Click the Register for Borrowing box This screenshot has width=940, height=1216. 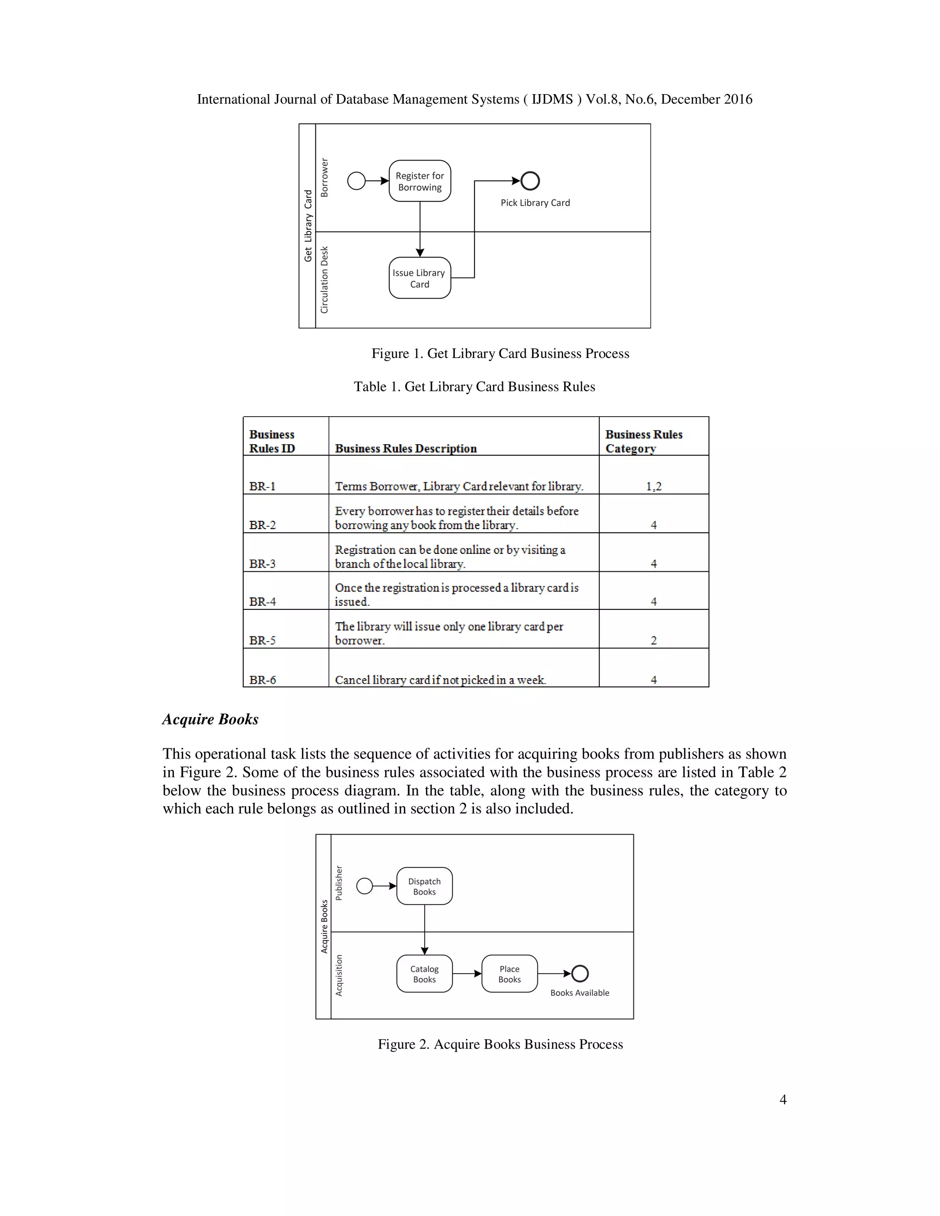pos(420,181)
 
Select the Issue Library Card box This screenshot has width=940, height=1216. pos(420,278)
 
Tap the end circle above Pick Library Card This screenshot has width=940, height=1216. pos(530,180)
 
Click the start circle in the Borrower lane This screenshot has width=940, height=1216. pos(356,180)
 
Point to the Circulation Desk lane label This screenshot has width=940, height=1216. pos(325,279)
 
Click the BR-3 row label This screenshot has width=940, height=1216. pos(262,563)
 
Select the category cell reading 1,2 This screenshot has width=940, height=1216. pos(653,486)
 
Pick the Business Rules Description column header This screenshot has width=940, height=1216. pos(405,448)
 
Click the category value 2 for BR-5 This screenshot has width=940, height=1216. pos(653,640)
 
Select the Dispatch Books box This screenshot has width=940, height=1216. pos(425,886)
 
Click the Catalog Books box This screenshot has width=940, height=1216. pos(425,974)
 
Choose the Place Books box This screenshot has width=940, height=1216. pos(509,974)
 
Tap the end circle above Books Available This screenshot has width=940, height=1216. pos(580,973)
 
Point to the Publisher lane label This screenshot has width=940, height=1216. pos(339,882)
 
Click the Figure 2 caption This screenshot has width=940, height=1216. pos(500,1044)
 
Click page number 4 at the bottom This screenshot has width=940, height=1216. pos(783,1099)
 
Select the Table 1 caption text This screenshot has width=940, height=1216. pos(475,386)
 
